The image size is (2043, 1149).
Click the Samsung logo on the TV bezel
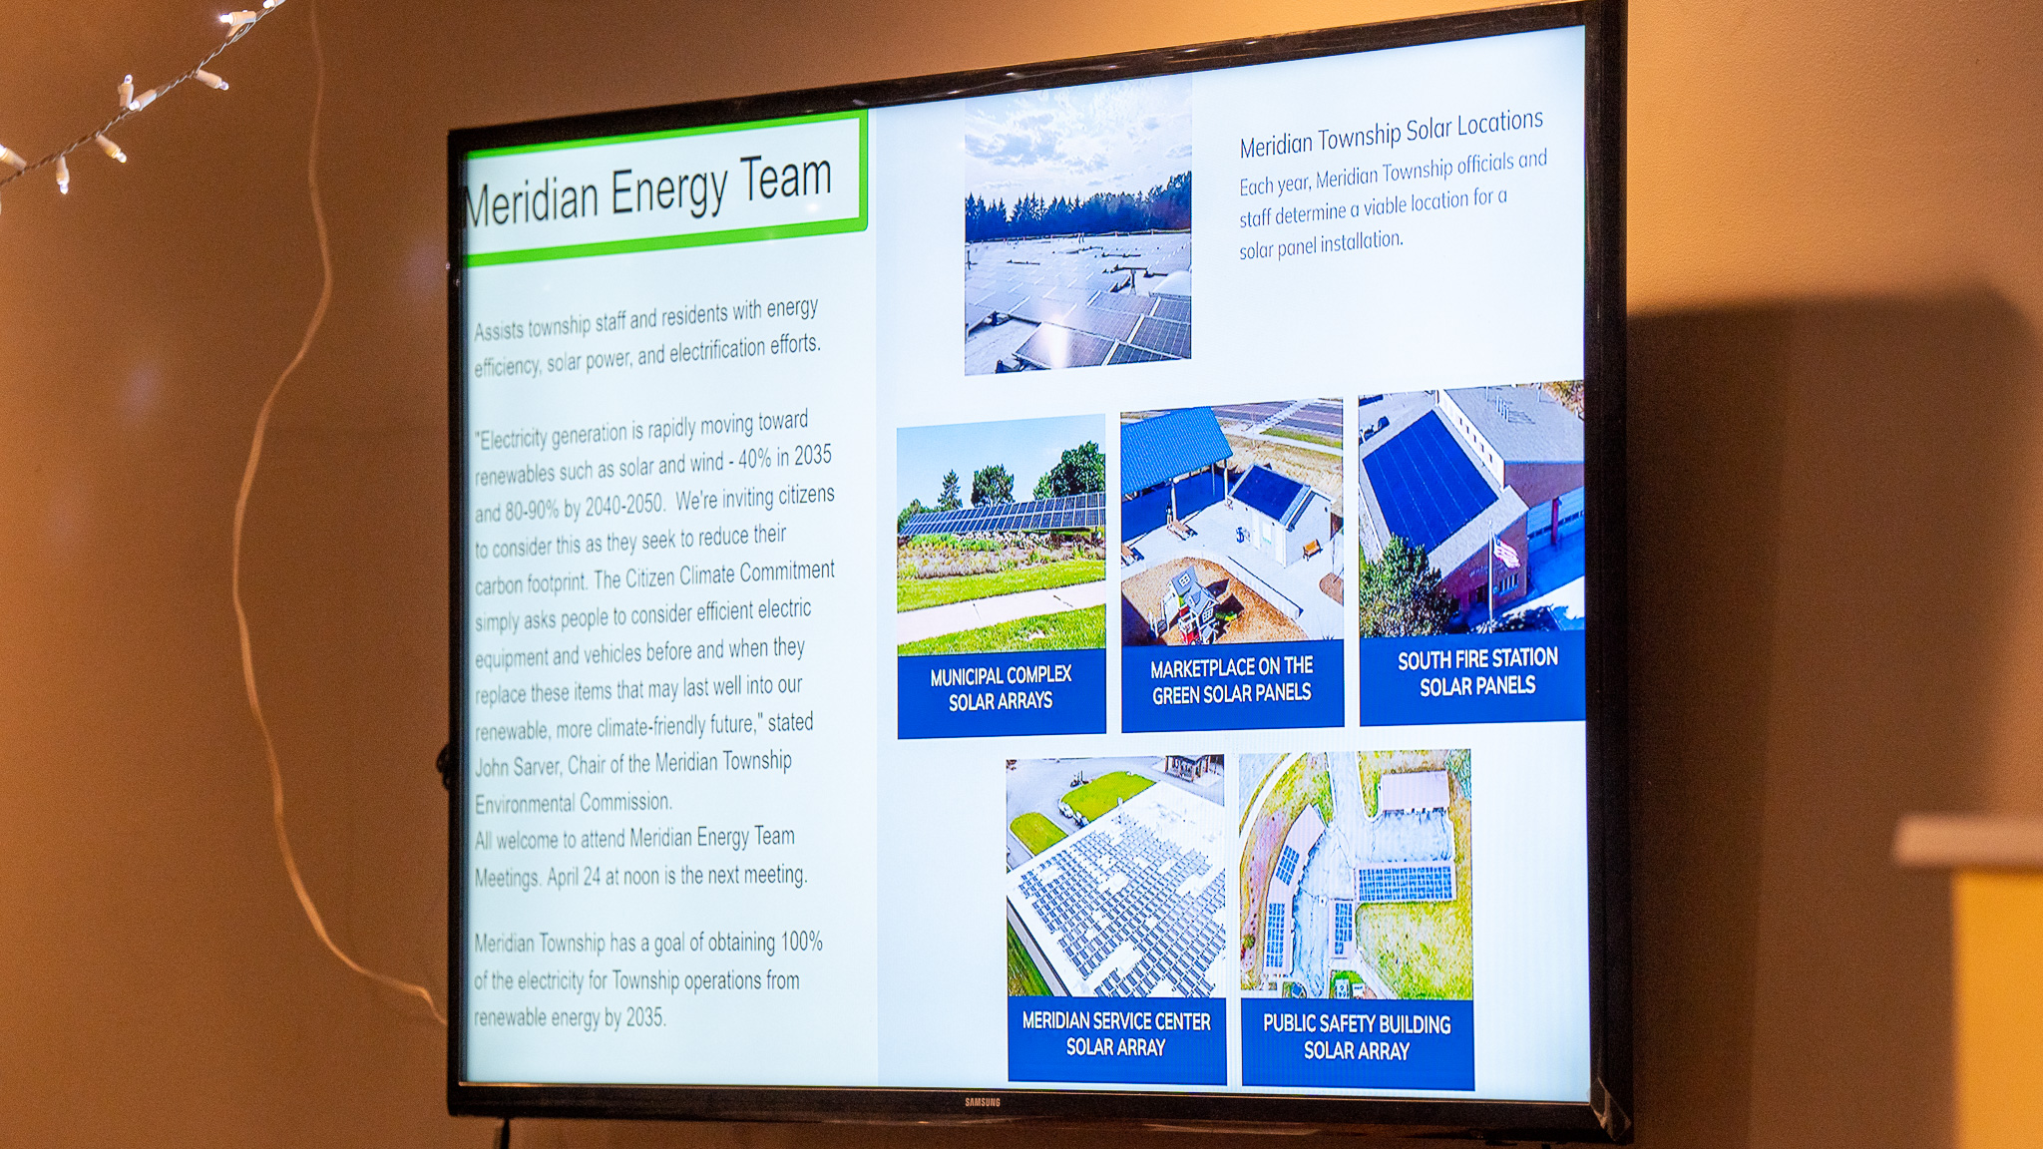[982, 1102]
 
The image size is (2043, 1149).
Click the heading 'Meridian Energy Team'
[648, 190]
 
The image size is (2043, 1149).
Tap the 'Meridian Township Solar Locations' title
[1392, 134]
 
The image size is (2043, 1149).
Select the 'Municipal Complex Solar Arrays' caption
[1001, 688]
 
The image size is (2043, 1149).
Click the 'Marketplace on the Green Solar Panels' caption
[1232, 680]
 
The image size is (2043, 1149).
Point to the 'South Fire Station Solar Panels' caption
[1477, 672]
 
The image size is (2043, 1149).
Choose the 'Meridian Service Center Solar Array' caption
[1116, 1034]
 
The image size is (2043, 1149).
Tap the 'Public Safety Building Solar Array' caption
[1357, 1037]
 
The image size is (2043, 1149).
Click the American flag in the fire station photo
[1505, 551]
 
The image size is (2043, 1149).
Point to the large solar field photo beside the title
[1078, 227]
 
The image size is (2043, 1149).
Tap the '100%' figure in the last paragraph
[802, 942]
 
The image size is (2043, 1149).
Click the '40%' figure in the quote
[755, 459]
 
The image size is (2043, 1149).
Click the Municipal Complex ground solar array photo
[1001, 535]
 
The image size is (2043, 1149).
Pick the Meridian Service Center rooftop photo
[1115, 876]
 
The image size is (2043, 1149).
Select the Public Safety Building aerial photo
[1356, 875]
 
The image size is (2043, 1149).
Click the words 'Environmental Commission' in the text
[573, 803]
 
